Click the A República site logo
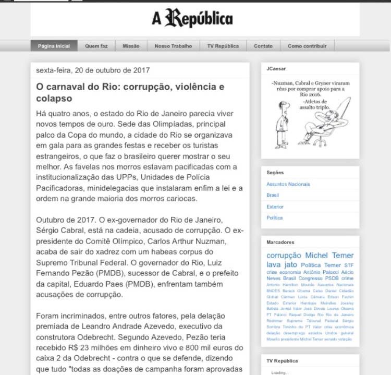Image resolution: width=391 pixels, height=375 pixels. (192, 19)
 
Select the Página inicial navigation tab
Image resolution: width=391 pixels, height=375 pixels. (54, 46)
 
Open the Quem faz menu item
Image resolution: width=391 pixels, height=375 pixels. (96, 46)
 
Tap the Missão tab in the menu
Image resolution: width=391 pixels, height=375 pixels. (131, 46)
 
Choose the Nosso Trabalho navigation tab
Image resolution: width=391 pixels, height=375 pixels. (173, 46)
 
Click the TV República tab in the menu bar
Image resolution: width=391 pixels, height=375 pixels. (223, 46)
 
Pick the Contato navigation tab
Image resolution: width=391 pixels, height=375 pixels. (263, 46)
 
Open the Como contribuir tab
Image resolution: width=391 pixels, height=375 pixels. (307, 46)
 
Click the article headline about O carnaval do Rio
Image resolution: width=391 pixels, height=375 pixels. (130, 92)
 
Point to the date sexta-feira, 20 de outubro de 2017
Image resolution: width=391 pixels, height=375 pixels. (93, 70)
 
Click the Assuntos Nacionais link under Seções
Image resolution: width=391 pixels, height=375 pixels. (288, 184)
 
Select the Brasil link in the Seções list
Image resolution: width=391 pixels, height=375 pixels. (273, 195)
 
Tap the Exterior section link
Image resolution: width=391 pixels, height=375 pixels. (275, 207)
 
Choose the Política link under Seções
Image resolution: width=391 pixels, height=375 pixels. (274, 217)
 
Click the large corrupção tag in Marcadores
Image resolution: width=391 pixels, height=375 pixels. (284, 256)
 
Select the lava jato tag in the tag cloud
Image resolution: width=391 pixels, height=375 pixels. (282, 265)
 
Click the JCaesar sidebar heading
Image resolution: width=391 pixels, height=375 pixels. (276, 68)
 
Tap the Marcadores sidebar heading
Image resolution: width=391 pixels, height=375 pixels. (280, 243)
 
